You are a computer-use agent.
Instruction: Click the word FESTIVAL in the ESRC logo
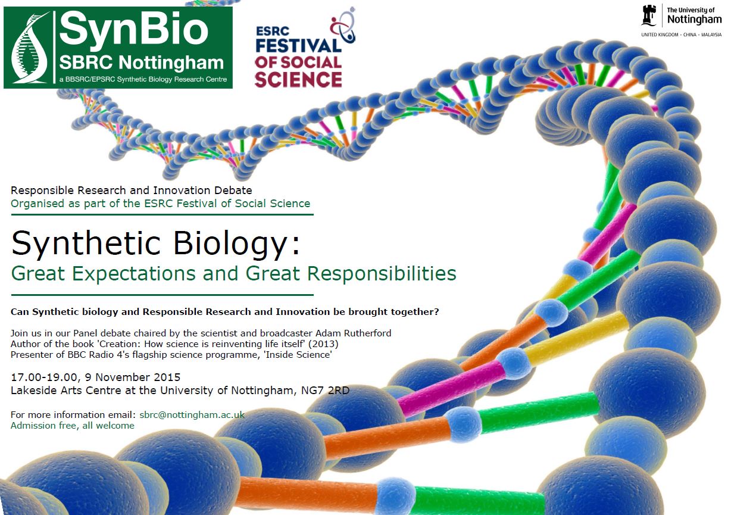[298, 46]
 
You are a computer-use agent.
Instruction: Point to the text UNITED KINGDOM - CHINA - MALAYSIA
[682, 35]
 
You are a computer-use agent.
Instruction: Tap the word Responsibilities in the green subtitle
[382, 273]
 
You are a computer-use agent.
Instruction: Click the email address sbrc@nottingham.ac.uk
[192, 414]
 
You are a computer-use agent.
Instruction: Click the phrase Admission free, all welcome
[73, 426]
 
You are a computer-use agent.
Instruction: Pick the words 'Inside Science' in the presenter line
[298, 354]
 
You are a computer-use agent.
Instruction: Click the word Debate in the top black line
[233, 191]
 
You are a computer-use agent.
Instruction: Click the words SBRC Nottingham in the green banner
[141, 63]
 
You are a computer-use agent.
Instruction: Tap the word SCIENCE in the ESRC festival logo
[298, 79]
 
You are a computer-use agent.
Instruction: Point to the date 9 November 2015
[133, 377]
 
